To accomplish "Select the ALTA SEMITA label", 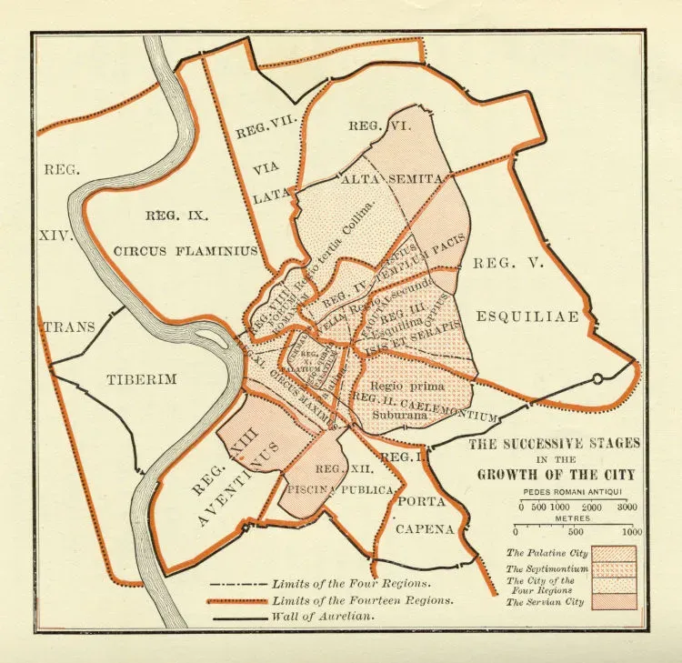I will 391,180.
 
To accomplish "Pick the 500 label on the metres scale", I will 573,532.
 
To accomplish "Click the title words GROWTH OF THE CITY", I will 557,475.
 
